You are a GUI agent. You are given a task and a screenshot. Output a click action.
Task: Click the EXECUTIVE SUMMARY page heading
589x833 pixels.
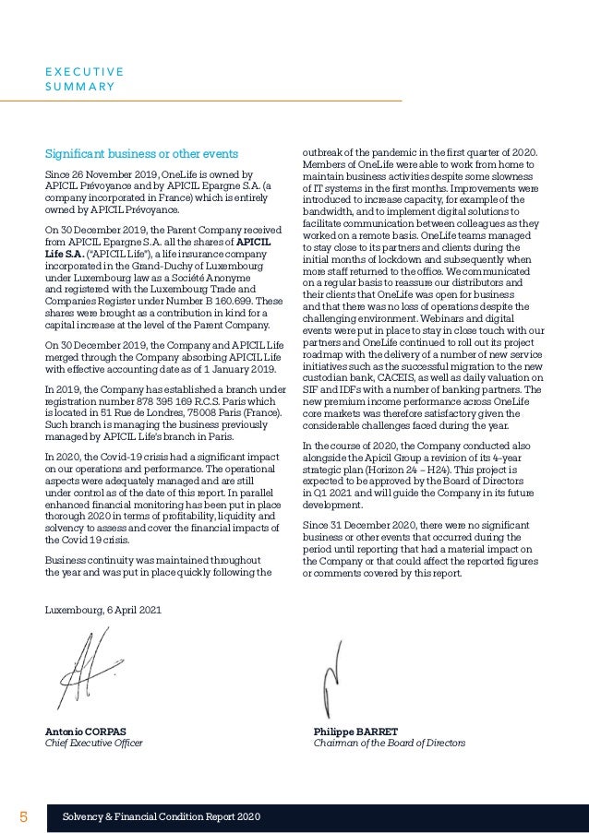click(x=85, y=78)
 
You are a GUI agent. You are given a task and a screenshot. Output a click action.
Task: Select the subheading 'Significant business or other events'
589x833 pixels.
click(x=142, y=153)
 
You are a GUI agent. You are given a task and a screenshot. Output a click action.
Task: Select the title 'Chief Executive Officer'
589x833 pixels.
click(x=94, y=744)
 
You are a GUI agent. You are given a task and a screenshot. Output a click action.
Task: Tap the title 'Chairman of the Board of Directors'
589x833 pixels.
click(x=390, y=744)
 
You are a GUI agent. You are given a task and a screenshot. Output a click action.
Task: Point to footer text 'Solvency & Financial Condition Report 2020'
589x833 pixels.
click(x=161, y=818)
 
